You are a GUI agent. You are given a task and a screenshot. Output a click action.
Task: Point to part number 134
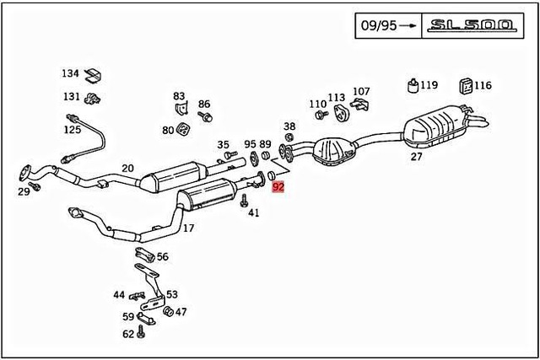tap(71, 73)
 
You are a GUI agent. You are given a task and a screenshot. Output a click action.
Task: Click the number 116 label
tap(482, 85)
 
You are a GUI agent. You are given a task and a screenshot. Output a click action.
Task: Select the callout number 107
tap(360, 91)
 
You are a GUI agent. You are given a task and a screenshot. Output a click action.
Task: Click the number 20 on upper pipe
tap(127, 168)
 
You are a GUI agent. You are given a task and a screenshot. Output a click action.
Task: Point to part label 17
tap(188, 228)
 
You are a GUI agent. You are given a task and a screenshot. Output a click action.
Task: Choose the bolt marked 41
tap(244, 201)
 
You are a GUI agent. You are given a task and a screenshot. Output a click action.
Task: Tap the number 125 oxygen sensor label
tap(73, 129)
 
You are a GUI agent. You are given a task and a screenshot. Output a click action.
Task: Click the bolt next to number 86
tap(207, 116)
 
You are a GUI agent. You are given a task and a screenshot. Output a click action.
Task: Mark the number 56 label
tap(162, 257)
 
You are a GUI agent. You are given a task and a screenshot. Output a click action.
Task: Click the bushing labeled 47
tap(167, 312)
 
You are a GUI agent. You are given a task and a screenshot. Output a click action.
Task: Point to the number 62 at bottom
tap(128, 334)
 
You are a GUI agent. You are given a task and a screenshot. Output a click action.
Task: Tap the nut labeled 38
tap(289, 137)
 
